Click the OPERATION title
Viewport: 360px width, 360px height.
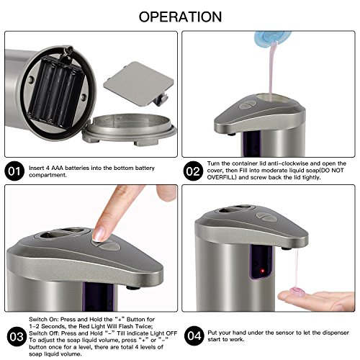click(180, 17)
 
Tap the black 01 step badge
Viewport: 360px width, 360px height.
click(14, 171)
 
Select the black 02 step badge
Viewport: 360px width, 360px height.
click(193, 171)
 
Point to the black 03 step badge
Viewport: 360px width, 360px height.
click(17, 336)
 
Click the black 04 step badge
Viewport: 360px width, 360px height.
click(194, 336)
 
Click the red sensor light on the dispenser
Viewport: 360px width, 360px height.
click(262, 271)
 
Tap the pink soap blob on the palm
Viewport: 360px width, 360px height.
click(297, 292)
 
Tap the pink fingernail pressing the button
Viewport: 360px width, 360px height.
click(99, 233)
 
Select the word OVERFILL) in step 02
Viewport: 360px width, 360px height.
click(222, 177)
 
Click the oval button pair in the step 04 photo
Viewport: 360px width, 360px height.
click(266, 216)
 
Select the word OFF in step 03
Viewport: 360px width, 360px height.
click(171, 333)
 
